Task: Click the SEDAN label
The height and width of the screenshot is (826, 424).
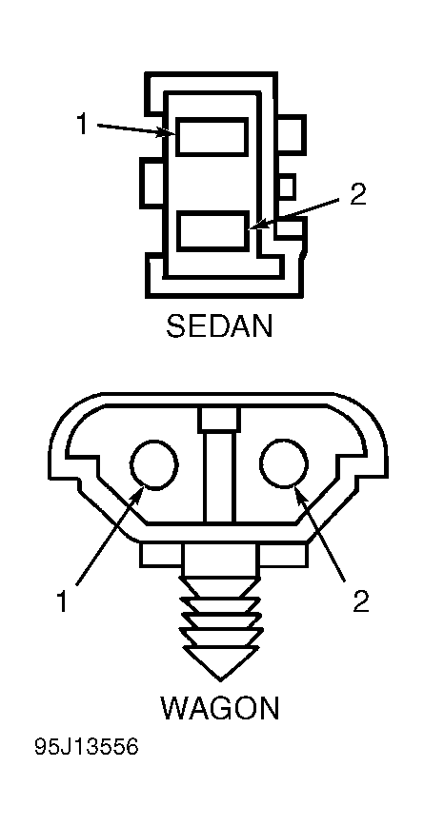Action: pos(219,326)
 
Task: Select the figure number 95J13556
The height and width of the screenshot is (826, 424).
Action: pos(87,747)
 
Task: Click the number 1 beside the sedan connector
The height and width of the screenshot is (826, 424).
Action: pos(82,125)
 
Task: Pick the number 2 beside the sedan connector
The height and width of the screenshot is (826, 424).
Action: pos(357,195)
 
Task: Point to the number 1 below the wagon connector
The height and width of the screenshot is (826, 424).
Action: pos(62,601)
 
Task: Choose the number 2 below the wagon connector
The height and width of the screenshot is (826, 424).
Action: pos(361,601)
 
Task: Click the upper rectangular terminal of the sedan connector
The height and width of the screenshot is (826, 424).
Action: pos(212,137)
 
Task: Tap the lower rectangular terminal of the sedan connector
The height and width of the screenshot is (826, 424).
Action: pos(212,230)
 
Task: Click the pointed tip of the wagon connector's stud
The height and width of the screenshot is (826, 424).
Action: pos(220,680)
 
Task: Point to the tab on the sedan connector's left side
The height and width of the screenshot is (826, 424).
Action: pos(151,185)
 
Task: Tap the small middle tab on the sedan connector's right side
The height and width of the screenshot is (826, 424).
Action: pos(286,187)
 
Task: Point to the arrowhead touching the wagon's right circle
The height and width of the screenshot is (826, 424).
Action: pos(299,496)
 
